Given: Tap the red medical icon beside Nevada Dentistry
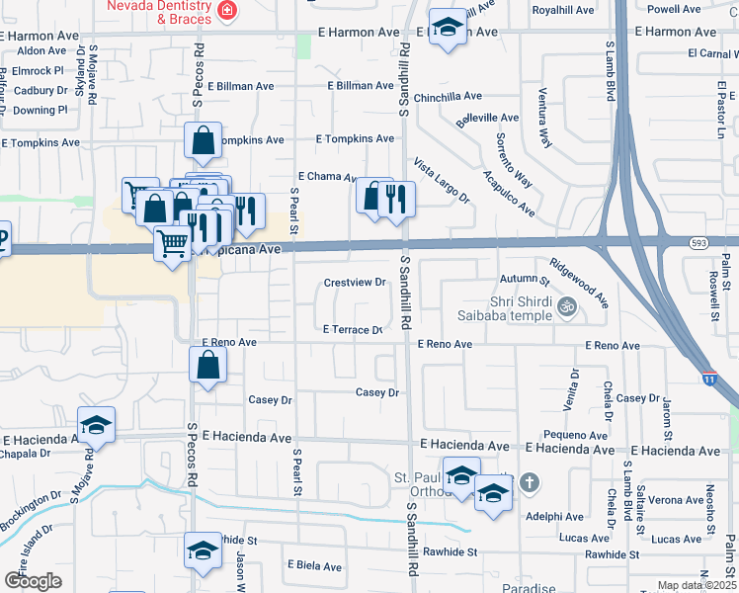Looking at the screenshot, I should tap(228, 11).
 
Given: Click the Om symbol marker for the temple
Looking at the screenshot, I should tap(566, 306).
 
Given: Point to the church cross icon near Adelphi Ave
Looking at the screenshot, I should tap(530, 482).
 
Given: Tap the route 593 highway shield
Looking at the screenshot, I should tap(698, 241).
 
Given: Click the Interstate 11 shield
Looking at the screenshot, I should tap(709, 378).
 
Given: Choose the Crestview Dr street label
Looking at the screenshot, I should tap(355, 283).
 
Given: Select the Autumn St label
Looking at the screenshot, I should tap(524, 281).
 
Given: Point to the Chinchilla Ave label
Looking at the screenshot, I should tap(448, 97).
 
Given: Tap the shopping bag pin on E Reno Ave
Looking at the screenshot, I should tap(209, 367).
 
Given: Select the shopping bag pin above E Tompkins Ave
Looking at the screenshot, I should tap(203, 142).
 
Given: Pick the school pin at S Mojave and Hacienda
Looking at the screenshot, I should tap(97, 426).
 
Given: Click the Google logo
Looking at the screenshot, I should tap(33, 580).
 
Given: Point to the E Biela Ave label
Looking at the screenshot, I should tap(314, 566).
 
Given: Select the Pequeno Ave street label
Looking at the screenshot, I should tap(575, 435).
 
